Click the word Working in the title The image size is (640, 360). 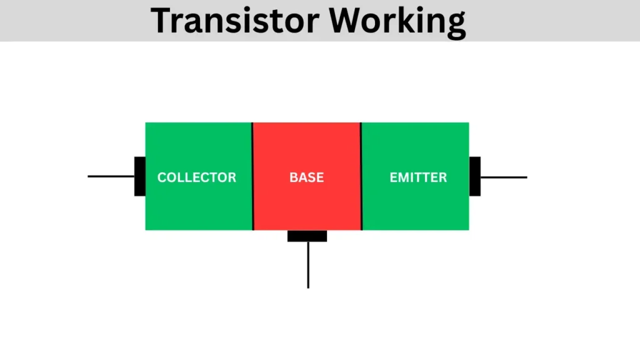397,21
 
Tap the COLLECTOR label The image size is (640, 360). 197,177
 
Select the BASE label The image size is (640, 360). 306,177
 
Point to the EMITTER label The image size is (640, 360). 418,177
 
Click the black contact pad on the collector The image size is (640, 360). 140,176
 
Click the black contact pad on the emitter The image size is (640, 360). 475,176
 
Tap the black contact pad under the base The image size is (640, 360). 307,236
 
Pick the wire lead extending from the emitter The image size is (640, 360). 504,177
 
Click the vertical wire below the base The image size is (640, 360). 308,265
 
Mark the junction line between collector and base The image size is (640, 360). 252,176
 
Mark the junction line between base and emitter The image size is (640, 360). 361,176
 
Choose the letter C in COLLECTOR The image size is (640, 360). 162,177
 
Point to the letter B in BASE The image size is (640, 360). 293,177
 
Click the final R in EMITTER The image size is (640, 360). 442,177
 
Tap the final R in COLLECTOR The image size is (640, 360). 232,177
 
